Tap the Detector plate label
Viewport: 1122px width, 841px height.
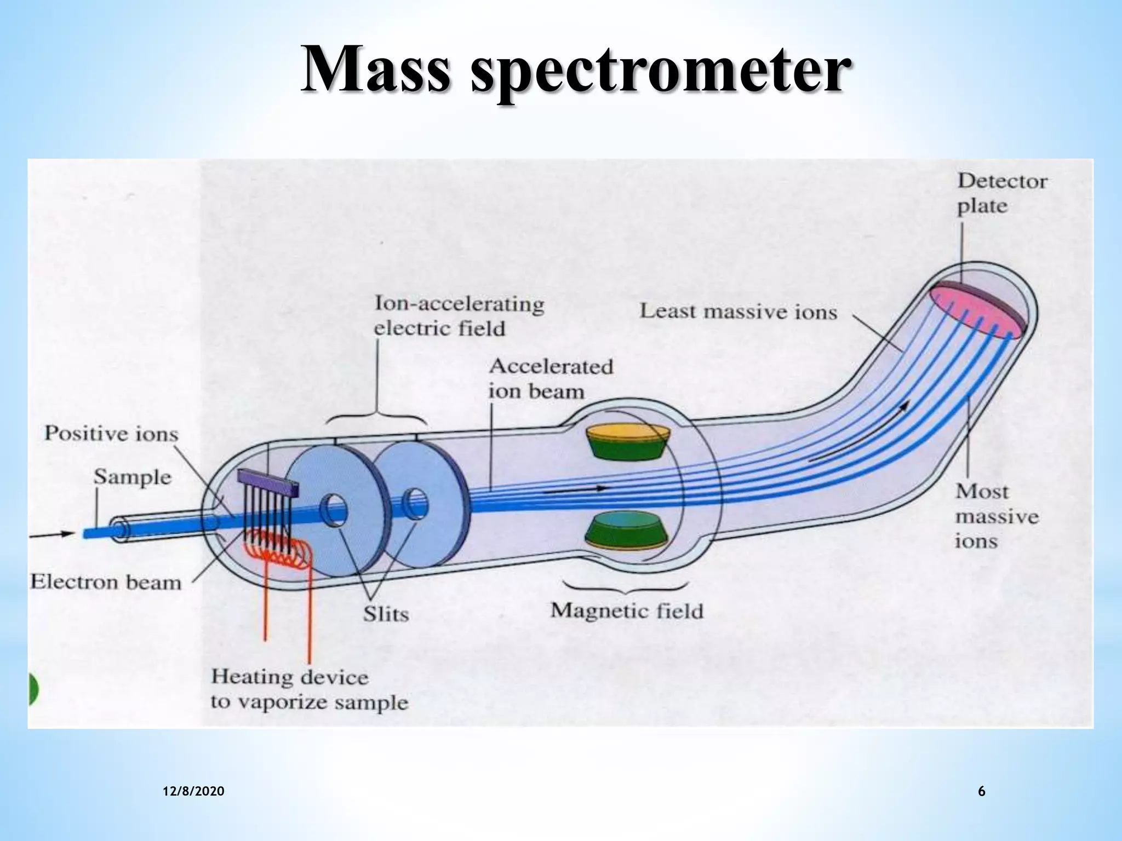pos(1001,194)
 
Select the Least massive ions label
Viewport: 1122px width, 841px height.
pos(739,312)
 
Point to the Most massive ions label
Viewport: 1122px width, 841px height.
pos(996,516)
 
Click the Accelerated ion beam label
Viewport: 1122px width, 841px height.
pos(550,379)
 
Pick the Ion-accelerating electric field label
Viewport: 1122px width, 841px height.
pos(459,316)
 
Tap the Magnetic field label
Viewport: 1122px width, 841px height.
pos(627,610)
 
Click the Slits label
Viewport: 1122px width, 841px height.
pos(386,614)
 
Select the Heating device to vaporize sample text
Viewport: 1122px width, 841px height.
pos(310,690)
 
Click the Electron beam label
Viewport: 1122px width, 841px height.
pos(106,581)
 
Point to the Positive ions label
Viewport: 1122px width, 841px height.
pos(111,434)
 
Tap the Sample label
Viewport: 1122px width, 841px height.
pos(132,476)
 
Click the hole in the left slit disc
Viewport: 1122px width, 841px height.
pos(334,510)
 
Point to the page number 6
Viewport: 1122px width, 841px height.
pos(981,791)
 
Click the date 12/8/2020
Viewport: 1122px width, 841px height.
pos(193,791)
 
